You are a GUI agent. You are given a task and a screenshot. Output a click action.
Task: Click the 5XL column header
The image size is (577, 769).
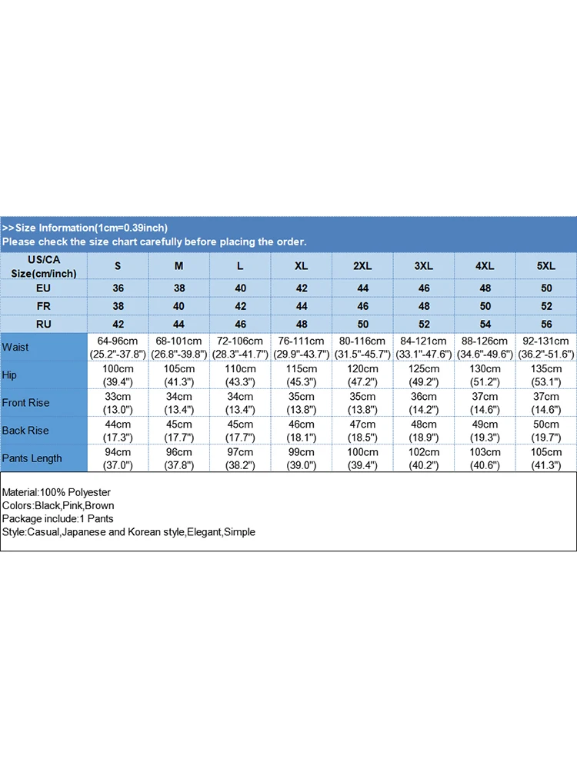[x=545, y=266]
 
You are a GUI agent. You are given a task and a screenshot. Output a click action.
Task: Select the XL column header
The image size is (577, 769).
[x=301, y=266]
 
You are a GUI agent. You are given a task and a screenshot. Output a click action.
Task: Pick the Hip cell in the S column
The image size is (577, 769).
[x=118, y=375]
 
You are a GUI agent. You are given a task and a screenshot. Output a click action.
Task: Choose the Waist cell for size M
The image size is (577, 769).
[x=178, y=347]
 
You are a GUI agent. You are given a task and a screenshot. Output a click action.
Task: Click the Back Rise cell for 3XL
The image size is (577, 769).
[x=423, y=431]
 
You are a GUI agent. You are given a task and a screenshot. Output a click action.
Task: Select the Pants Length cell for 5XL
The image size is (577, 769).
[x=545, y=458]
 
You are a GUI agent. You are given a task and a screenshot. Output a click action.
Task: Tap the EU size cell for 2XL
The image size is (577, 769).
[x=362, y=288]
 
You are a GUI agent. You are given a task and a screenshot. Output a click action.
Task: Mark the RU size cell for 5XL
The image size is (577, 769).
[x=545, y=325]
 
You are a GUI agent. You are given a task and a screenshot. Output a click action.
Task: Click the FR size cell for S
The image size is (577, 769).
[x=118, y=306]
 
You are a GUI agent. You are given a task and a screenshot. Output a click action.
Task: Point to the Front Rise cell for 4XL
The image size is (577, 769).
[x=485, y=403]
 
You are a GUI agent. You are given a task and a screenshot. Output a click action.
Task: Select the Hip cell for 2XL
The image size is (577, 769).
[x=362, y=375]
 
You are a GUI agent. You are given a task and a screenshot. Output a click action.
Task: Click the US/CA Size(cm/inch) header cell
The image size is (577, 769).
[x=44, y=266]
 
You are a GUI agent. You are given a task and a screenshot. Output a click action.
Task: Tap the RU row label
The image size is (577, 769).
[x=44, y=325]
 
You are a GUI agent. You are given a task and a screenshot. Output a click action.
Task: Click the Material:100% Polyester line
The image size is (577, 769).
[x=56, y=492]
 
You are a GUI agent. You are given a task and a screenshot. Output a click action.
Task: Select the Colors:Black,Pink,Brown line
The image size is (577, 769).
[x=58, y=505]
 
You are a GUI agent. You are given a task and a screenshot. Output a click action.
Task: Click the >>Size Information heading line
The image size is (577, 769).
[x=85, y=228]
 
